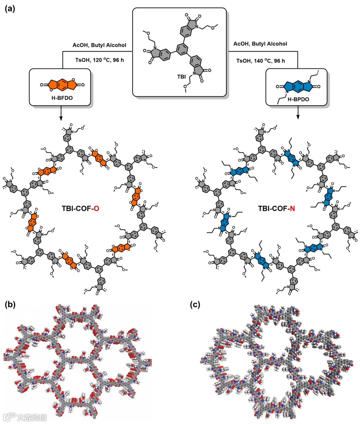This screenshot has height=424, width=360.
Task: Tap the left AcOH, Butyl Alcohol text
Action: click(100, 45)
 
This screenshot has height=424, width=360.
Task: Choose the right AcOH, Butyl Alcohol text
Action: click(260, 44)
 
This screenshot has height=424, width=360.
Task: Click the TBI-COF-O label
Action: click(80, 209)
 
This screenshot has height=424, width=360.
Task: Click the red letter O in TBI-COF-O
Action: click(96, 209)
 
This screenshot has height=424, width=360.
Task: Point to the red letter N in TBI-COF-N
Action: click(292, 209)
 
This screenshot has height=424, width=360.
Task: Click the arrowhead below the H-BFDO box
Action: click(61, 118)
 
